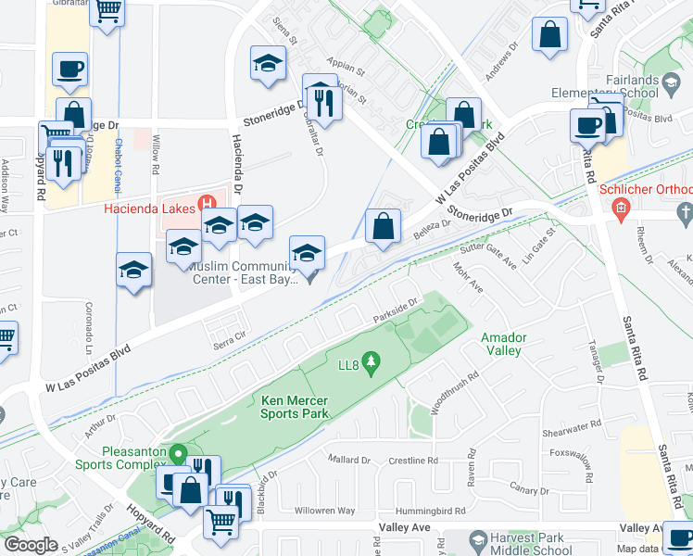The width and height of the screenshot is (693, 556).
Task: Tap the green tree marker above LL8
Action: tap(371, 359)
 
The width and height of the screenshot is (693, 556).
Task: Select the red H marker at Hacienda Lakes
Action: tap(208, 203)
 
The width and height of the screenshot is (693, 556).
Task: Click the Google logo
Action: tap(31, 544)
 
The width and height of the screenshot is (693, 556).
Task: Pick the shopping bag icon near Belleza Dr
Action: tap(382, 224)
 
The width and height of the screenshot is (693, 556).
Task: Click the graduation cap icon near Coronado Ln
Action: tap(133, 269)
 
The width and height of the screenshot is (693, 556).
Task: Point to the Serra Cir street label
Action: tap(231, 341)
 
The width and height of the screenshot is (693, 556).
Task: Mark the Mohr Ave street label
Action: tap(470, 277)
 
